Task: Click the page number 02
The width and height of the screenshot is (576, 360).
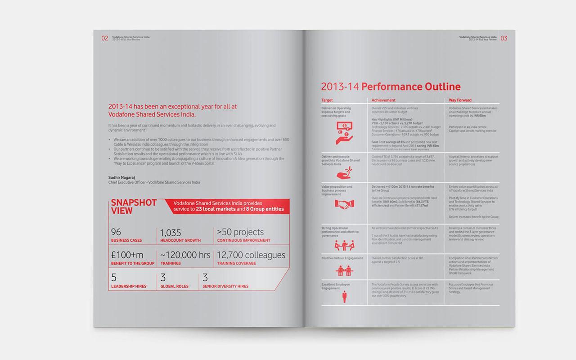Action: [104, 39]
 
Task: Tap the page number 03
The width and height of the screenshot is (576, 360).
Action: [504, 39]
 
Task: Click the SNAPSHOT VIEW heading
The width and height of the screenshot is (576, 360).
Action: [134, 207]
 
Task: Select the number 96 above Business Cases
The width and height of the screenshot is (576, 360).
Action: [116, 232]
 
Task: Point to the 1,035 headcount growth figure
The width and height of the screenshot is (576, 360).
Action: [171, 233]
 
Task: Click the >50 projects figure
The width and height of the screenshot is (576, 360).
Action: [240, 232]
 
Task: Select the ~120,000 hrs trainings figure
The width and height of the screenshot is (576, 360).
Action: [185, 255]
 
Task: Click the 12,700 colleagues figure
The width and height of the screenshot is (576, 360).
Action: [251, 255]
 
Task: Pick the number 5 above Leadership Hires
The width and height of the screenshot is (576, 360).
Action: [114, 278]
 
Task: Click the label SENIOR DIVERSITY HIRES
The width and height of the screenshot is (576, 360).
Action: [225, 287]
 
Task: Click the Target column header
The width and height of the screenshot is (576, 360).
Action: [327, 100]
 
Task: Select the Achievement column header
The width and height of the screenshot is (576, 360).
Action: [383, 100]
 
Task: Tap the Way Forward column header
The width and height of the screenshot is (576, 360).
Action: [460, 100]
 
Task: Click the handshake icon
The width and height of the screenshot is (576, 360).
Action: [344, 204]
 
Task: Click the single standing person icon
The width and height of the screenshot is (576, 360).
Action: [344, 296]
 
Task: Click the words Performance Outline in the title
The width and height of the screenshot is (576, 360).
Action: [411, 87]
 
